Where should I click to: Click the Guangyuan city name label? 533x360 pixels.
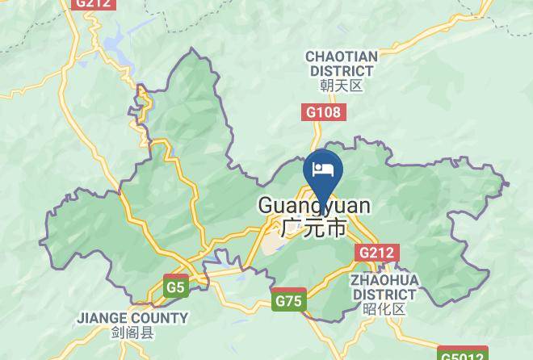click(314, 207)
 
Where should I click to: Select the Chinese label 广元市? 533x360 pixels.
click(314, 228)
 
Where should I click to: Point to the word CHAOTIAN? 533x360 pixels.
click(342, 57)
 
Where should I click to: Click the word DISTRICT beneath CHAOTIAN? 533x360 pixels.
click(342, 71)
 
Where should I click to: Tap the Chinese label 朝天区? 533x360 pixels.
click(342, 86)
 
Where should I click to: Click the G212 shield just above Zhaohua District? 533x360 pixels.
click(376, 253)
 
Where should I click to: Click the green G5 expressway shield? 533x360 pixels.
click(175, 286)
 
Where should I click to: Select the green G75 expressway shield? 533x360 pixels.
click(288, 301)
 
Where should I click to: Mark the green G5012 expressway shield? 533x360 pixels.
click(463, 354)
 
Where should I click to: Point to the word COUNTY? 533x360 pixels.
click(162, 318)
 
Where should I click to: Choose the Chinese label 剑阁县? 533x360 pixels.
click(132, 332)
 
